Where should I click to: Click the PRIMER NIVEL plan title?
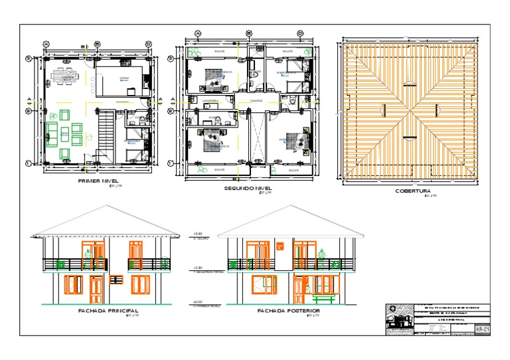pos(98,181)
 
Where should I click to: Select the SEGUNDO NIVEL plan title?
pos(249,189)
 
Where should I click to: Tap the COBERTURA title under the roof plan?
pos(414,191)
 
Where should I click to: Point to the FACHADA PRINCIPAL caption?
pos(108,310)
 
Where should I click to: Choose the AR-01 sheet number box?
pos(483,329)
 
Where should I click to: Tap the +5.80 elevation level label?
pos(197,234)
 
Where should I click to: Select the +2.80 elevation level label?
pos(197,269)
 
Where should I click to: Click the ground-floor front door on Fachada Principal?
pos(96,287)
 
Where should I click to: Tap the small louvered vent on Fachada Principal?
pos(116,280)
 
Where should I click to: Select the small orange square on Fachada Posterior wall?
pos(280,247)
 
